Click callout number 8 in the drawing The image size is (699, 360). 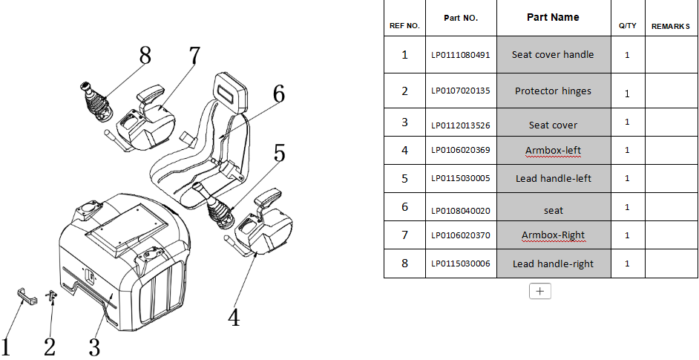pyautogui.click(x=145, y=56)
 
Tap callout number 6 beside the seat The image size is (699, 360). pyautogui.click(x=278, y=94)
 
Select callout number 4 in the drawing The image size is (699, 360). pyautogui.click(x=234, y=318)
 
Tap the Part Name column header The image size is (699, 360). pyautogui.click(x=553, y=17)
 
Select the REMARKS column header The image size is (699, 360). pyautogui.click(x=671, y=26)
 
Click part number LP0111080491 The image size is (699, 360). pyautogui.click(x=461, y=55)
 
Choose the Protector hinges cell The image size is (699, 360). pyautogui.click(x=553, y=91)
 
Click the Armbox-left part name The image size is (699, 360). pyautogui.click(x=553, y=151)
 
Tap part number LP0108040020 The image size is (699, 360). pyautogui.click(x=461, y=210)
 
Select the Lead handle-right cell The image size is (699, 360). pyautogui.click(x=553, y=264)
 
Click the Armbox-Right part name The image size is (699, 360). pyautogui.click(x=553, y=236)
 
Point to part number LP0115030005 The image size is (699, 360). pyautogui.click(x=461, y=178)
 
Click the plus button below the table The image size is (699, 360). pyautogui.click(x=539, y=291)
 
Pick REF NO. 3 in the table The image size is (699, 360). pyautogui.click(x=404, y=122)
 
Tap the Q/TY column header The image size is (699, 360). pyautogui.click(x=627, y=26)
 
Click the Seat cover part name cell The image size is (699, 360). pyautogui.click(x=553, y=125)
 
